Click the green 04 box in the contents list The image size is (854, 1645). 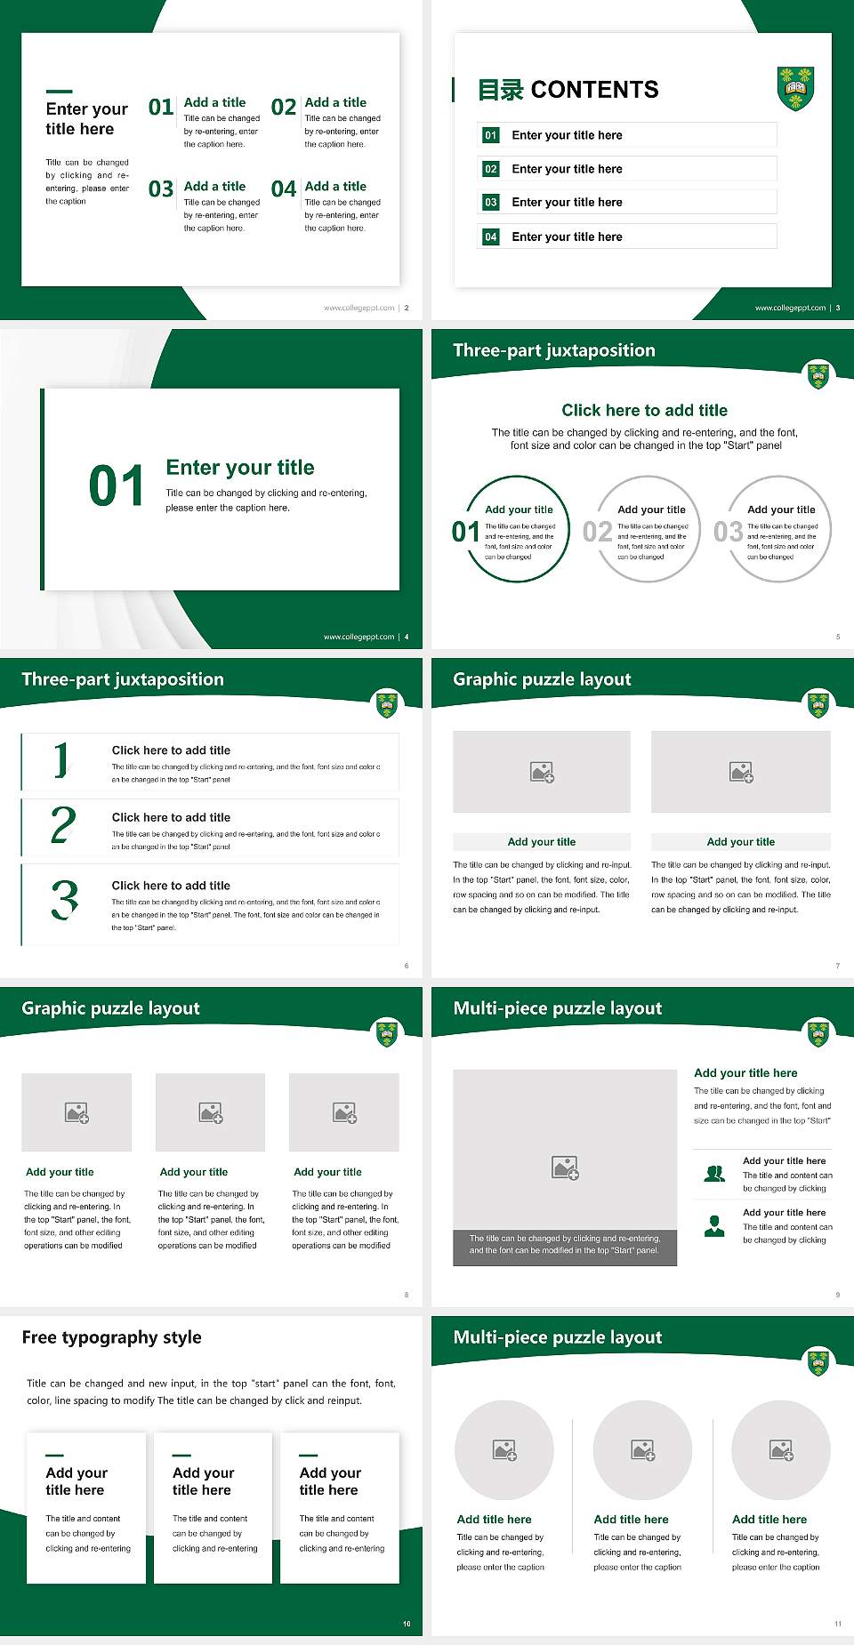[x=491, y=237]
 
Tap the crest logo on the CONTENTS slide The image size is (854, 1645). [x=795, y=88]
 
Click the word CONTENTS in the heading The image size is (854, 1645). [x=594, y=90]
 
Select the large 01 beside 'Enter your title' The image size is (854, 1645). [x=117, y=486]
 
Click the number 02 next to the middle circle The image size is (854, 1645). [x=597, y=532]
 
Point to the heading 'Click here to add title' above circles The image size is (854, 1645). [x=644, y=410]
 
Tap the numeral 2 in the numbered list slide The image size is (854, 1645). [x=63, y=825]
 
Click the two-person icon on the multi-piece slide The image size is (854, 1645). [x=714, y=1174]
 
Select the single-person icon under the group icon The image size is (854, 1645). [x=714, y=1226]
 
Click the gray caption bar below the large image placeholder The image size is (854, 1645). [x=565, y=1244]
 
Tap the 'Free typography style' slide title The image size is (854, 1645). [x=111, y=1337]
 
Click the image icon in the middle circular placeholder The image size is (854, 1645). [x=643, y=1450]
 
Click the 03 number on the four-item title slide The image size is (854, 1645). [x=161, y=189]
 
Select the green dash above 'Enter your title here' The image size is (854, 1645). [x=59, y=91]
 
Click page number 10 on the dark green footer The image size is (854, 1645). [x=407, y=1624]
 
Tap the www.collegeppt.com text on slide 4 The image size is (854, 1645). [x=359, y=637]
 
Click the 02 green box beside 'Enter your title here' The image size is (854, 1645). [x=491, y=169]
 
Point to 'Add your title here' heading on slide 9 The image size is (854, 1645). [x=745, y=1073]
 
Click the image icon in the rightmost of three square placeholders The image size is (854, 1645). [x=344, y=1112]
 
